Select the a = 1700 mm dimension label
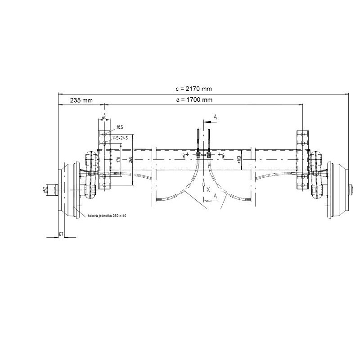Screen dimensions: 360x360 194,100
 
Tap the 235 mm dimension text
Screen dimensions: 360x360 81,100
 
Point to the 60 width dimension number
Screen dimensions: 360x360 104,117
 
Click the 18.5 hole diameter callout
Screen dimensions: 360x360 120,127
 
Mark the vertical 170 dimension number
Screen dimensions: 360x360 117,159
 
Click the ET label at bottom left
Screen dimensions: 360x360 61,234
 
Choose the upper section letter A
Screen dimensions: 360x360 215,117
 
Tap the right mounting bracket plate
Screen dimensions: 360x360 302,160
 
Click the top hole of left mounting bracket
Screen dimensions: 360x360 104,134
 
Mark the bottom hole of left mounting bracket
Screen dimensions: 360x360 104,185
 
